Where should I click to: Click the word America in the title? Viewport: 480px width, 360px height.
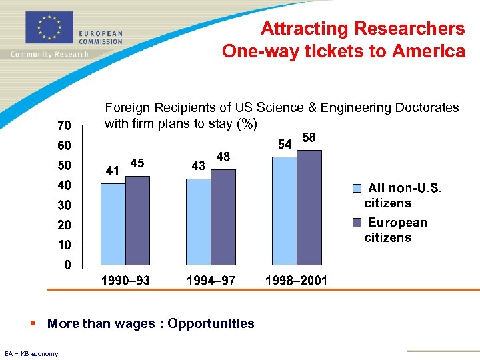(x=433, y=51)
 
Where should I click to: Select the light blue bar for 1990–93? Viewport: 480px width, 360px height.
(x=113, y=224)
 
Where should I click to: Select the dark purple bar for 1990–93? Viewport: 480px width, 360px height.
(x=137, y=220)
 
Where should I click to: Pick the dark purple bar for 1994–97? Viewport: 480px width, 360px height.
(x=223, y=217)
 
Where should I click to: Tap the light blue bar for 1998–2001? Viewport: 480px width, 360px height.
(x=284, y=211)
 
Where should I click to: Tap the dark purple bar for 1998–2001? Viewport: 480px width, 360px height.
(x=309, y=207)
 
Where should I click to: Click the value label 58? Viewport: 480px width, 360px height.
(x=309, y=138)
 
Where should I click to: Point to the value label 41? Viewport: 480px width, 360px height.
(x=113, y=171)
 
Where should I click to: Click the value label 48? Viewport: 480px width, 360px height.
(x=223, y=157)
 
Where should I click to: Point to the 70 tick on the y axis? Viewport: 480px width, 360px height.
(x=64, y=125)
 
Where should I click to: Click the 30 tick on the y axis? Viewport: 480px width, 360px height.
(x=64, y=205)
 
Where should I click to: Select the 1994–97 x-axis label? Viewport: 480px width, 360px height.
(x=211, y=281)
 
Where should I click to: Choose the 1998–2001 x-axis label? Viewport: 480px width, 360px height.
(x=296, y=281)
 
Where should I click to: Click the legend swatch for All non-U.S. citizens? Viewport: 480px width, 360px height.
(x=357, y=188)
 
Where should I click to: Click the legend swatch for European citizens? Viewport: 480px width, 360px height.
(x=357, y=222)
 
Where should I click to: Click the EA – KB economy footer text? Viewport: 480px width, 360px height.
(x=31, y=353)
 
